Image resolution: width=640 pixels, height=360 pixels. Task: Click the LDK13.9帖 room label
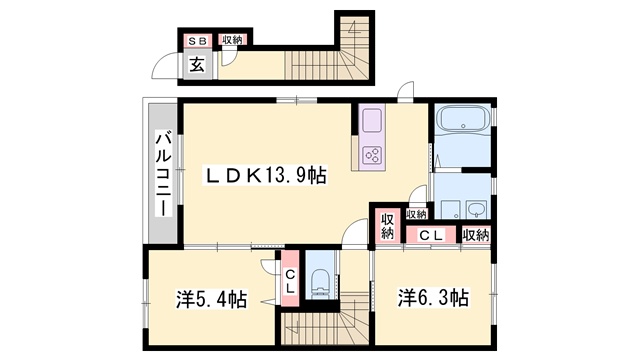[265, 176]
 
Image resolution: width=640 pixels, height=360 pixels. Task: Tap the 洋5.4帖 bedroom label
[211, 299]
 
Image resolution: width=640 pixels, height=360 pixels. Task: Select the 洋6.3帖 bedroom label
[433, 298]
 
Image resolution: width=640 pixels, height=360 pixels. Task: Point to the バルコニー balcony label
[163, 173]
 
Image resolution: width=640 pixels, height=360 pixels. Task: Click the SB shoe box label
[197, 41]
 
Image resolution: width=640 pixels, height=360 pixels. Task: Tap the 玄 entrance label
[198, 64]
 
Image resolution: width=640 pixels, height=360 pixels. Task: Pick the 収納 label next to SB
[232, 40]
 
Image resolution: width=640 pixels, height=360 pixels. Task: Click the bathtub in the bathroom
[463, 118]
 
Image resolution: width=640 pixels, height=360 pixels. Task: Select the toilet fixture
[320, 284]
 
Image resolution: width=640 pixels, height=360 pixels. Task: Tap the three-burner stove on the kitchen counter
[372, 155]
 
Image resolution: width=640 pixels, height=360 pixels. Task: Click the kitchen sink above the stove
[372, 120]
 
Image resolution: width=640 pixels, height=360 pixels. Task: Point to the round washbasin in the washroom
[477, 209]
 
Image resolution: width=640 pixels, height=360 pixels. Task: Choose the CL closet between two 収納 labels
[431, 235]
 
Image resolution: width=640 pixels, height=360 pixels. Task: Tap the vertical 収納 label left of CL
[387, 227]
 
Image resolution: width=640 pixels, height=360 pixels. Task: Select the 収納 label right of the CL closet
[476, 235]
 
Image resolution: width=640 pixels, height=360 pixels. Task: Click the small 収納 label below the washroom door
[416, 213]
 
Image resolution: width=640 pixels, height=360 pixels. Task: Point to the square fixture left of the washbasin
[449, 209]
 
